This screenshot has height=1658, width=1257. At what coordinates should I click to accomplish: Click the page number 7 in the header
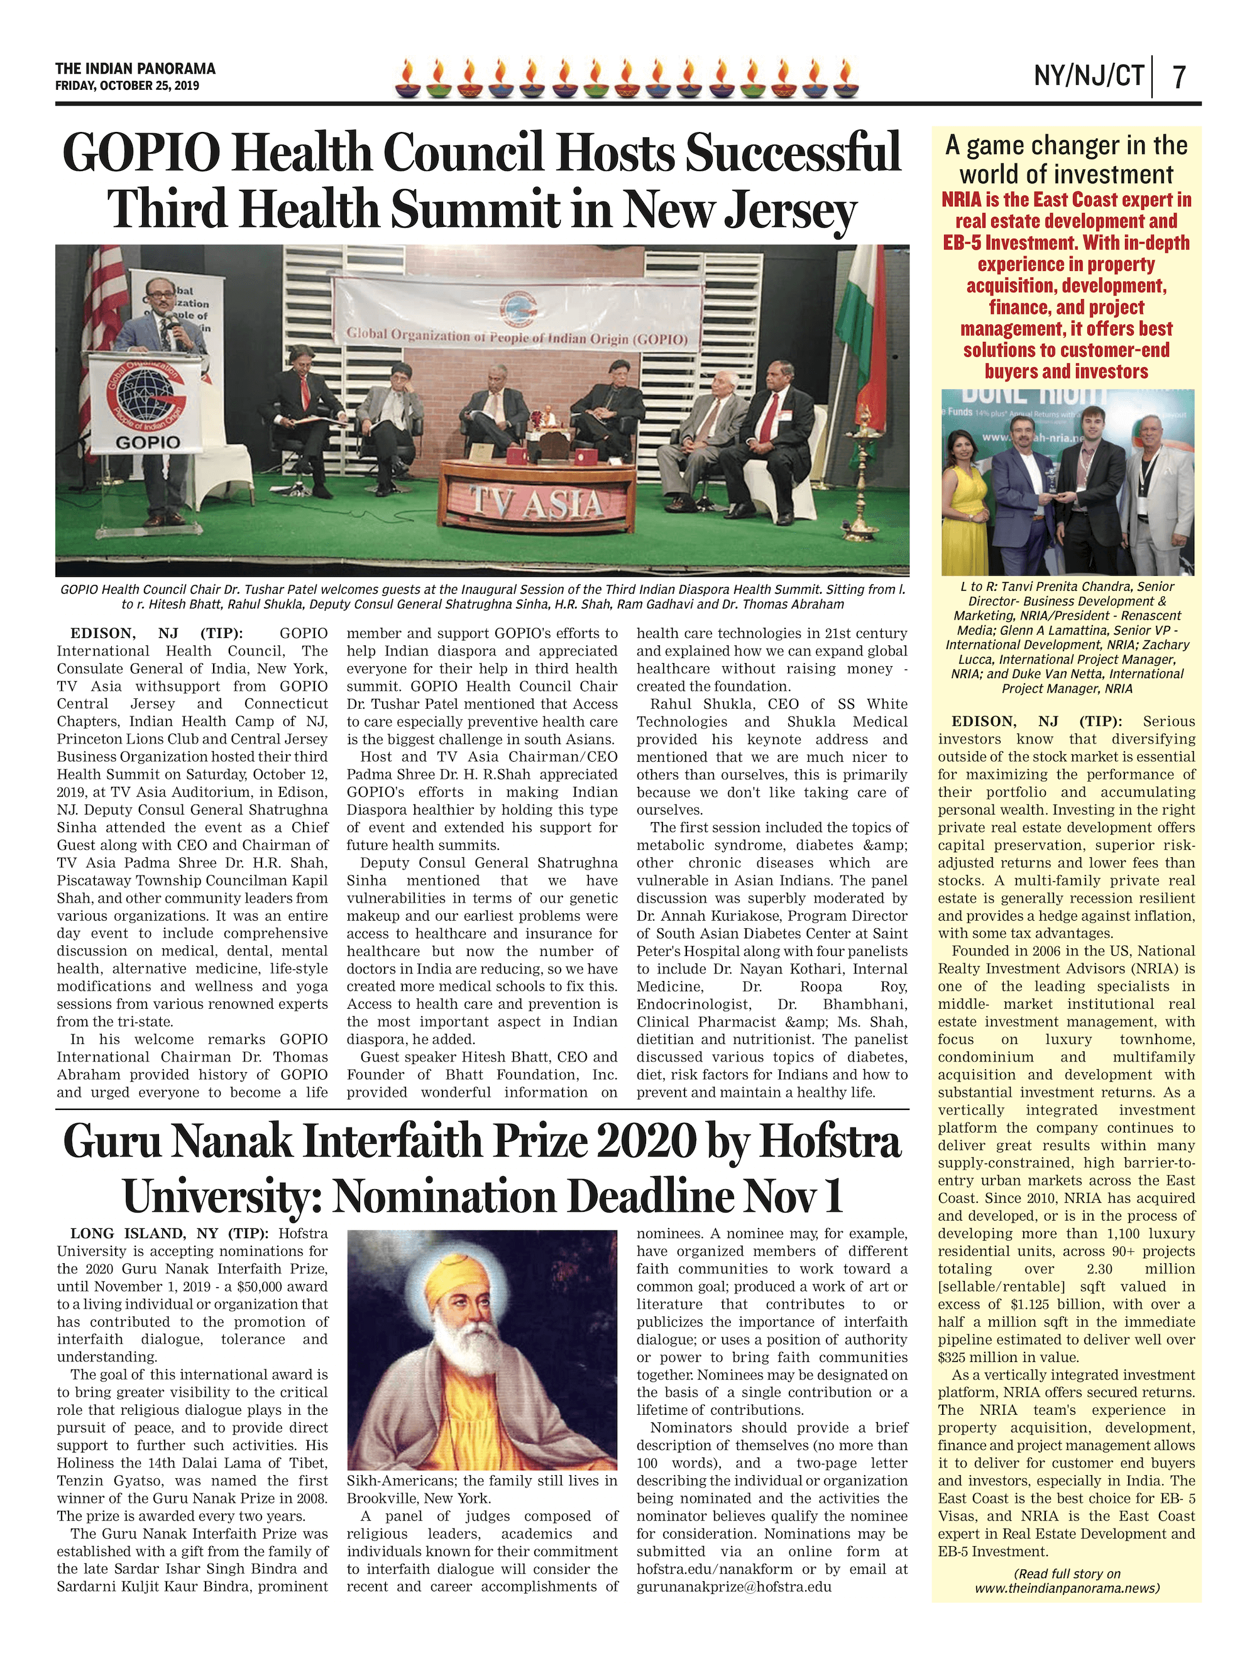pos(1179,77)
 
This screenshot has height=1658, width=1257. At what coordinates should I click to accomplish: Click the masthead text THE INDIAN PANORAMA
pos(135,69)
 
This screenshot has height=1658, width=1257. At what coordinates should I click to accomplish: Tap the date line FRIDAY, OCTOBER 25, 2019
pos(127,85)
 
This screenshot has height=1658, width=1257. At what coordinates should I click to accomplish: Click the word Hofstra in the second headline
pos(829,1143)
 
